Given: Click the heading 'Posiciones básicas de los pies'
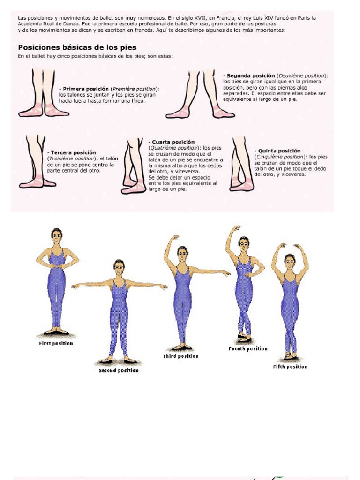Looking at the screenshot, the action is (77, 47).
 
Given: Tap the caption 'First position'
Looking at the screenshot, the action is (56, 343).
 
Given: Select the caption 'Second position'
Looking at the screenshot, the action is (119, 370).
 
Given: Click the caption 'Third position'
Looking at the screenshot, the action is (180, 356).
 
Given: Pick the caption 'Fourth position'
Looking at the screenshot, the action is (248, 349).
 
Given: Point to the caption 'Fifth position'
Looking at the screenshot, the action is (290, 367).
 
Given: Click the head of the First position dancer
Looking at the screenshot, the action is (57, 236).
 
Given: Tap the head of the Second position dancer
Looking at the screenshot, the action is (119, 268).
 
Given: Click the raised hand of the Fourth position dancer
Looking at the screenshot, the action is (235, 228).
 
